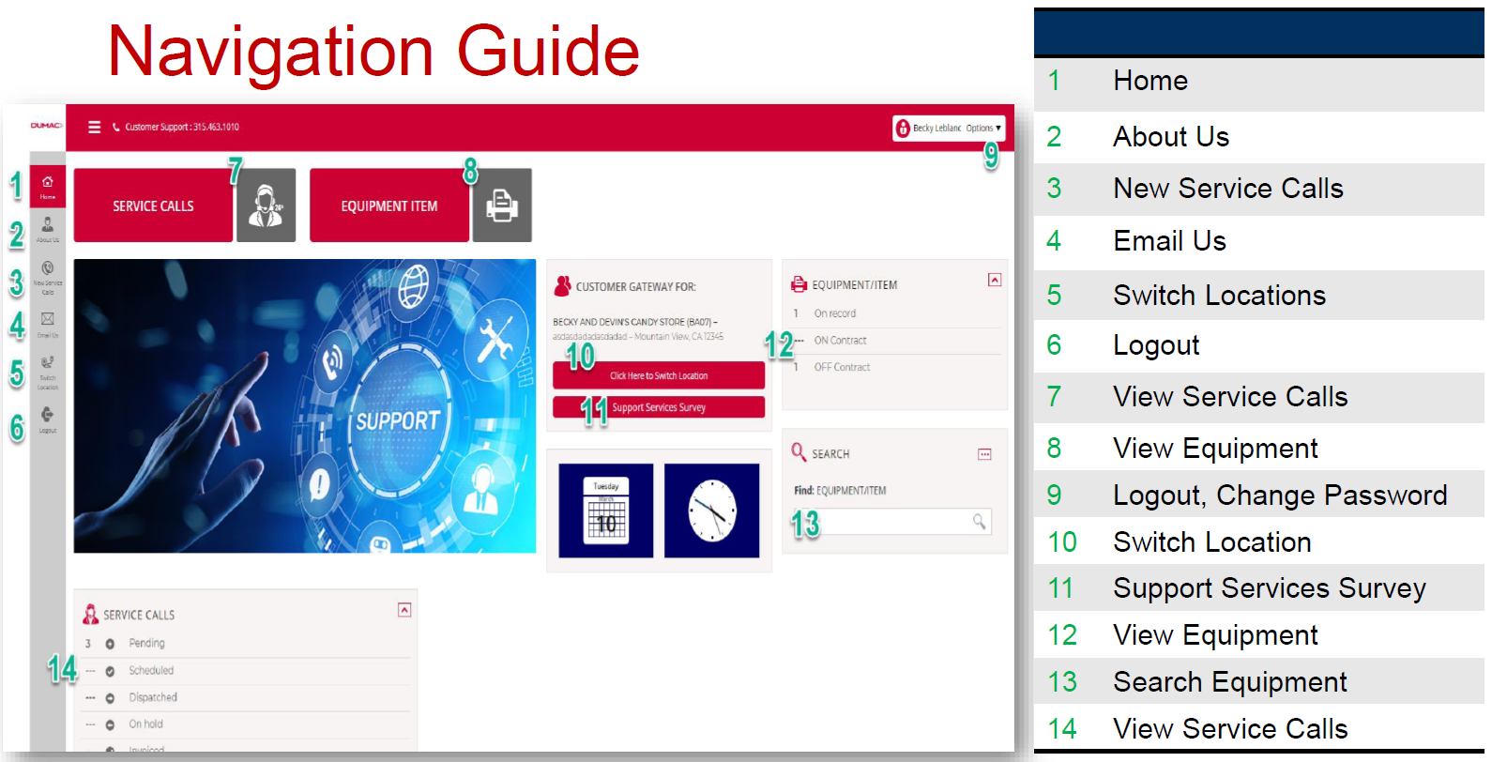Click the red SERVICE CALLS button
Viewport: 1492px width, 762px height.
click(153, 206)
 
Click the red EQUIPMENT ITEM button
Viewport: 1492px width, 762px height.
click(388, 206)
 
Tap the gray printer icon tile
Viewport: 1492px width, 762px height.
click(502, 206)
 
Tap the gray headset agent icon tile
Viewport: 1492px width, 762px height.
click(266, 206)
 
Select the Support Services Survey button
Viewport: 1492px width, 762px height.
click(658, 407)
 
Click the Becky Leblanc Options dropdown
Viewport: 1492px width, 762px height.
click(949, 128)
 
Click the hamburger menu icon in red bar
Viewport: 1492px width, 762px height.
click(94, 127)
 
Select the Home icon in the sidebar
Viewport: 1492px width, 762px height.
click(48, 185)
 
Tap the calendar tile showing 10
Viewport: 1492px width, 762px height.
click(605, 511)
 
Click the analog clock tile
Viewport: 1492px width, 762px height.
click(711, 511)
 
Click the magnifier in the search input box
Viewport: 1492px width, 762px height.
click(979, 521)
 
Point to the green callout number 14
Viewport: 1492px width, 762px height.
click(62, 668)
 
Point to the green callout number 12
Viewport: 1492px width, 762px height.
click(779, 344)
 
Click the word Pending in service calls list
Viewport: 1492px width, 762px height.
click(146, 643)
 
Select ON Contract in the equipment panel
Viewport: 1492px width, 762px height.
click(840, 341)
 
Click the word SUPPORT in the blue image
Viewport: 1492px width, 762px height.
click(398, 420)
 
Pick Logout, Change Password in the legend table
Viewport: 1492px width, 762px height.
click(1279, 495)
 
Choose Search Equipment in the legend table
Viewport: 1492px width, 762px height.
click(1229, 681)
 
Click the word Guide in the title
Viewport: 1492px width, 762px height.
click(547, 51)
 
